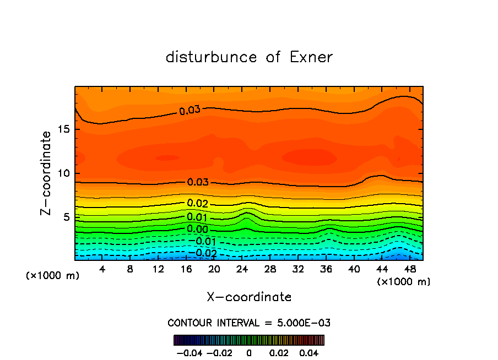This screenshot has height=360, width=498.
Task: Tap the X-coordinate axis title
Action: click(x=249, y=297)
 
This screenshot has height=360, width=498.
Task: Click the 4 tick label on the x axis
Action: click(x=102, y=270)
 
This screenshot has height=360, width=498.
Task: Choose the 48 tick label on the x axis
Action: click(x=409, y=270)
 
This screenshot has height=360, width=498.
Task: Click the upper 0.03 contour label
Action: click(x=190, y=110)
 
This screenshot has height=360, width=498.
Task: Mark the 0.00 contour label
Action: click(x=198, y=229)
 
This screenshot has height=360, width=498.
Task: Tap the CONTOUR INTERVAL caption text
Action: click(x=249, y=323)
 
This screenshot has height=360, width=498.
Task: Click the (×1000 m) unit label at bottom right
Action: click(x=404, y=282)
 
